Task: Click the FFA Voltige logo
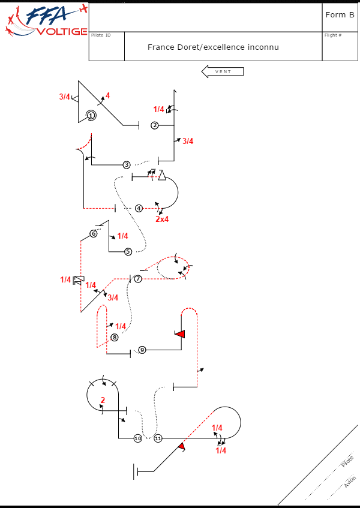pos(45,21)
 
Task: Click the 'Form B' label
pos(340,15)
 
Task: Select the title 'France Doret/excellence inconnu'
pos(213,47)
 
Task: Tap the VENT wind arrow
pos(222,71)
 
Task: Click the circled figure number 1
pos(91,115)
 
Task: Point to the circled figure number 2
pos(155,125)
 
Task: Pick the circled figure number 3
pos(127,164)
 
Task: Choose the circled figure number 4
pos(139,208)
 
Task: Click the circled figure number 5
pos(128,251)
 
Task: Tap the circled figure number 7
pos(138,279)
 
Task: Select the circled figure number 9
pos(142,350)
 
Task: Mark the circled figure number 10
pos(138,438)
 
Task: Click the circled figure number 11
pos(158,438)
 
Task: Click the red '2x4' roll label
pos(162,219)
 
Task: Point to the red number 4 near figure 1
pos(108,95)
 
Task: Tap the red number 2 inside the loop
pos(103,400)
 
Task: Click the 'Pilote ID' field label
pos(101,35)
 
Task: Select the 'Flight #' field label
pos(333,35)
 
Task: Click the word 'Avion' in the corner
pos(350,482)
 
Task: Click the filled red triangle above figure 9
pos(179,333)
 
